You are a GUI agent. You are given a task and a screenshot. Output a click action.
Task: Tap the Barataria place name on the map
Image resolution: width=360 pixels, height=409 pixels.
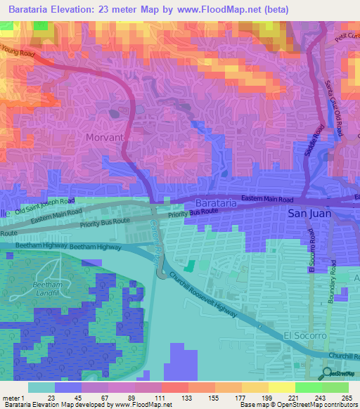[x=211, y=202]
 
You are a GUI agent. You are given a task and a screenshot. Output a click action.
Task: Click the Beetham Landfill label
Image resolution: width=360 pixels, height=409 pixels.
[x=47, y=289]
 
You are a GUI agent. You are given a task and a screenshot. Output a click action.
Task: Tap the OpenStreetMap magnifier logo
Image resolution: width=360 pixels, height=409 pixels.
[x=327, y=373]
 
